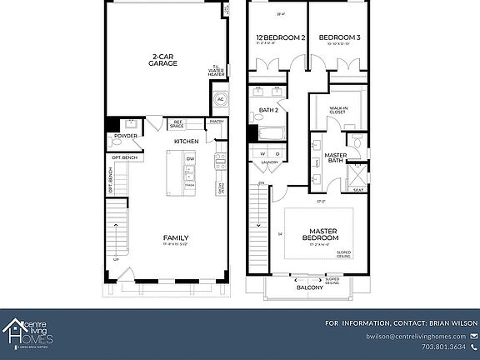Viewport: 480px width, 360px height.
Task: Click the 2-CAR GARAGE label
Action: click(162, 60)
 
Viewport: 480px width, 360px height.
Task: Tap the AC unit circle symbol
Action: click(221, 99)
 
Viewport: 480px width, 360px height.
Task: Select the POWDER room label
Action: click(126, 136)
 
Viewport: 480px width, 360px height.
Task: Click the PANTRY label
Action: click(216, 121)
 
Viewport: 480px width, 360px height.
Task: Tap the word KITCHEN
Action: click(186, 141)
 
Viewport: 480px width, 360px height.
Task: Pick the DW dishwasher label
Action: click(190, 159)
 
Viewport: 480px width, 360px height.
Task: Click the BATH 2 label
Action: click(268, 110)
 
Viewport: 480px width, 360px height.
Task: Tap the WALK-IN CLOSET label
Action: click(338, 109)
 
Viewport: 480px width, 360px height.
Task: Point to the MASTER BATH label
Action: click(336, 157)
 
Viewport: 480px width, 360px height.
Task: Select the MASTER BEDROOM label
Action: click(322, 235)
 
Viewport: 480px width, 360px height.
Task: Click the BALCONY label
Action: click(310, 287)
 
